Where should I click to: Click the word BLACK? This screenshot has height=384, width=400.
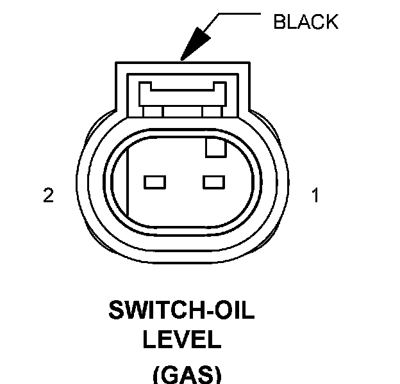[305, 22]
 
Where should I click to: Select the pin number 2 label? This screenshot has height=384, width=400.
[48, 195]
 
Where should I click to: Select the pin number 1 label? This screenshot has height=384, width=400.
[314, 195]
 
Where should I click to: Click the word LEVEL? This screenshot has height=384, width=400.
[181, 339]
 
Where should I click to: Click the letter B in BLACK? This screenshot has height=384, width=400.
[279, 22]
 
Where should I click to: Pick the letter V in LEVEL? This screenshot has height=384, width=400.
[182, 339]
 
